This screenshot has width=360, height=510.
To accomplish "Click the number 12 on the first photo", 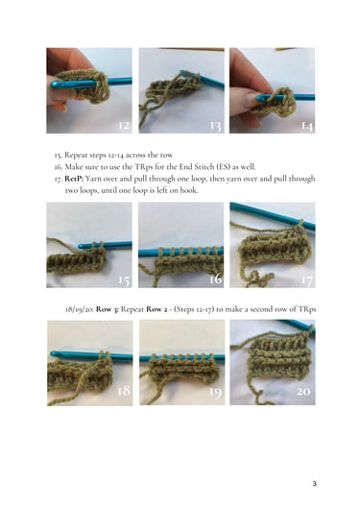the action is coord(123,125).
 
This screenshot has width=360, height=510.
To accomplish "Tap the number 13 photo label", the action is coord(216,126).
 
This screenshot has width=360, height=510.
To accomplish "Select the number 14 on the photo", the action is coord(306,126).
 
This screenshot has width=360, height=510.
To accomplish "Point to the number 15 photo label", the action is coord(124,279).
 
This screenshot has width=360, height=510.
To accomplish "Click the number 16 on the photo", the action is coord(216,279).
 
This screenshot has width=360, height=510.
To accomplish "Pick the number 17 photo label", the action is coord(306,279).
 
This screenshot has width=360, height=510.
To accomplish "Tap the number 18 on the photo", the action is coord(124,390).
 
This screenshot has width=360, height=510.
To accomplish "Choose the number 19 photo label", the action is coord(216,392).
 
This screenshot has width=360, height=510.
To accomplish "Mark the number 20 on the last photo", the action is coord(303,391).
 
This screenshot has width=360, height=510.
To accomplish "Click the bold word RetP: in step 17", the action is coord(74,179).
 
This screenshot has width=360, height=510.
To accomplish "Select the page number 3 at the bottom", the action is coord(315,484).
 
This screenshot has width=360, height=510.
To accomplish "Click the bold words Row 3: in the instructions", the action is coord(107,309).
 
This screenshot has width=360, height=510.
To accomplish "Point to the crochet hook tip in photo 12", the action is coord(53,84).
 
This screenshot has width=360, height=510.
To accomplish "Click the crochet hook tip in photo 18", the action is coord(53,353).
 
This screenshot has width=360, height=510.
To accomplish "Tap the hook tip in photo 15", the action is coord(81,247).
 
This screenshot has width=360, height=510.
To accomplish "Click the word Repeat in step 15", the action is coord(75,156).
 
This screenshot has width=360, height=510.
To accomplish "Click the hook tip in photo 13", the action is coord(182,72).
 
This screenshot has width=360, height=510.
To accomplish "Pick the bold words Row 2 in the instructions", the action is coord(156,309).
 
